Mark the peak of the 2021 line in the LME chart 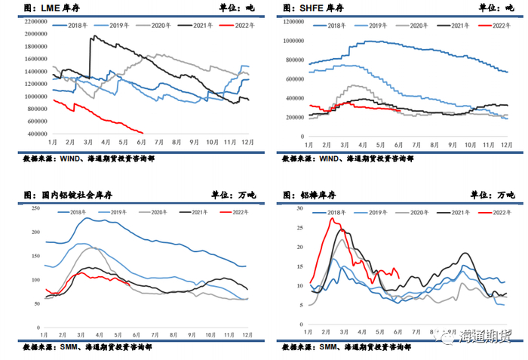click(x=92, y=35)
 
